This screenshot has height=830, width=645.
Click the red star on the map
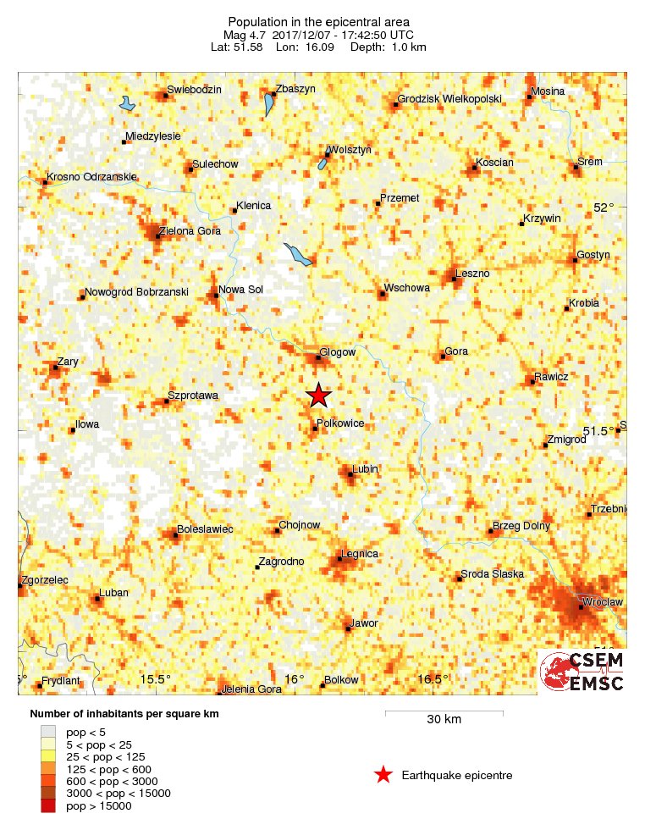click(318, 396)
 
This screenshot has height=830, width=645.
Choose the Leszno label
click(472, 273)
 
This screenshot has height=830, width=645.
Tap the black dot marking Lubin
click(350, 475)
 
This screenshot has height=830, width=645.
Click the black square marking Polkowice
click(315, 429)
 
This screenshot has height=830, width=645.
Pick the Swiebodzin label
click(194, 90)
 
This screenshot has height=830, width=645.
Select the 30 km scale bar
click(444, 713)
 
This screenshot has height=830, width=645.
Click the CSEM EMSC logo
click(582, 672)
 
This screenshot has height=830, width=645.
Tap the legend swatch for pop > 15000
click(48, 806)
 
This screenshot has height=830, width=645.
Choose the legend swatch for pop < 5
click(48, 731)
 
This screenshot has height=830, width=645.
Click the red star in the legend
click(383, 774)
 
